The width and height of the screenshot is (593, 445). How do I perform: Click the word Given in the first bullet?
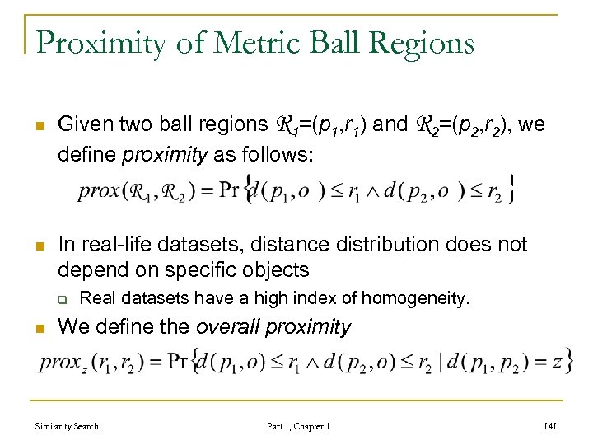click(84, 124)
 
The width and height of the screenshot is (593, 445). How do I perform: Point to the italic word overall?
click(227, 326)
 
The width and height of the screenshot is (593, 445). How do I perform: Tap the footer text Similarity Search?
click(68, 425)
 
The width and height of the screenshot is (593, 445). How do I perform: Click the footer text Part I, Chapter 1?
click(297, 425)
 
